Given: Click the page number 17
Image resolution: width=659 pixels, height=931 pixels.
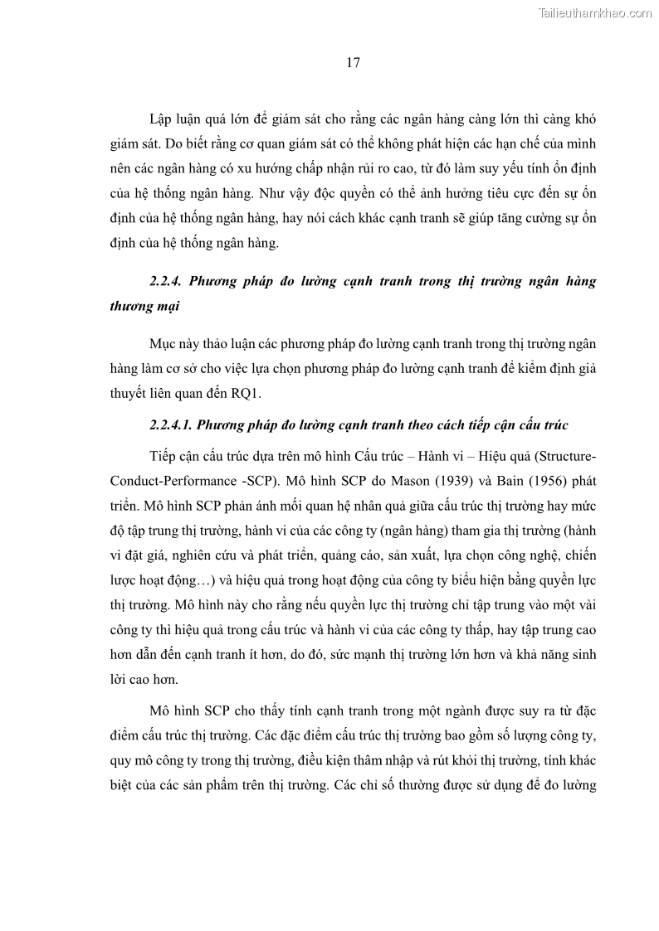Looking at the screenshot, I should (352, 64).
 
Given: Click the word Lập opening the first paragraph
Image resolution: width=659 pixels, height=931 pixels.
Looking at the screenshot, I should (163, 118).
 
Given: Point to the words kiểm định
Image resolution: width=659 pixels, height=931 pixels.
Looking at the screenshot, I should (536, 369).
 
